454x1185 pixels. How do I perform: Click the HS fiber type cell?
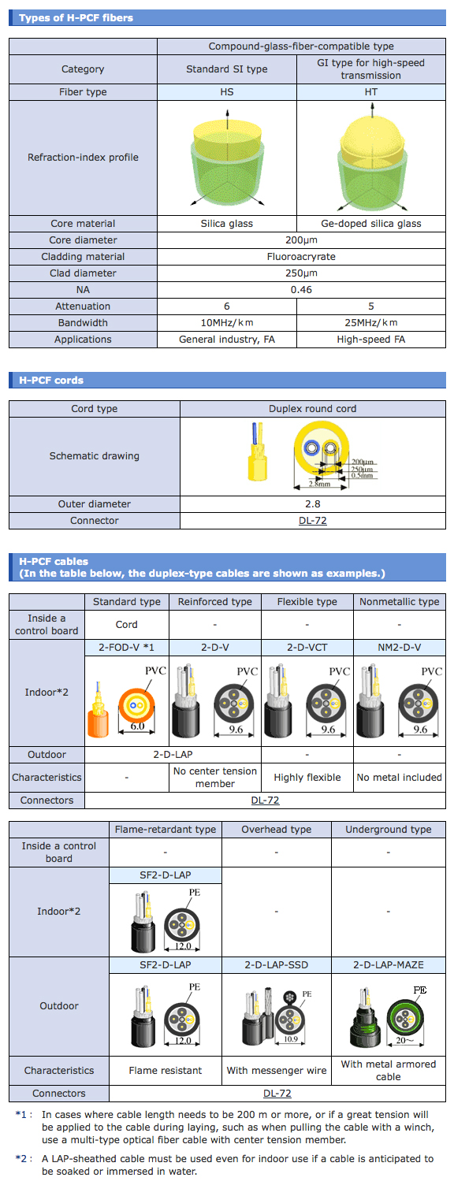point(226,92)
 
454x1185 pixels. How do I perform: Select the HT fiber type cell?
point(371,92)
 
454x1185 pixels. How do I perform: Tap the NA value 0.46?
point(301,289)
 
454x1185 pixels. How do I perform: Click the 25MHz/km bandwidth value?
point(371,323)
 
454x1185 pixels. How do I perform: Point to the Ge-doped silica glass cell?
point(371,223)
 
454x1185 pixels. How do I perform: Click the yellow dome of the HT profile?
point(373,133)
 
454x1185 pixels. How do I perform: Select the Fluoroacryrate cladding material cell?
point(301,257)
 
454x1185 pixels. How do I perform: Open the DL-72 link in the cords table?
point(313,521)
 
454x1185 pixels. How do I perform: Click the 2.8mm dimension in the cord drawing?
point(319,484)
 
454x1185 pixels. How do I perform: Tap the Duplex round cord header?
point(313,409)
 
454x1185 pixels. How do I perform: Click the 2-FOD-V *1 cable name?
point(126,648)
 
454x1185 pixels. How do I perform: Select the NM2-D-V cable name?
point(400,648)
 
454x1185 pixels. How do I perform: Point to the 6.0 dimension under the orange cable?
point(138,726)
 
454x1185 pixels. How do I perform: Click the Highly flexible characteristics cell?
point(307,778)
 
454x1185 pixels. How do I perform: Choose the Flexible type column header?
point(307,602)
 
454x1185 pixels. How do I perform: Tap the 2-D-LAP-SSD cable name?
point(276,965)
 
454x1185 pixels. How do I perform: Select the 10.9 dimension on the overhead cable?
point(291,1039)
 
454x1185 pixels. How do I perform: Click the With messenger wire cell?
point(276,1071)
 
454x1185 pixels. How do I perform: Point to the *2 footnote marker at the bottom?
point(21,1158)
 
